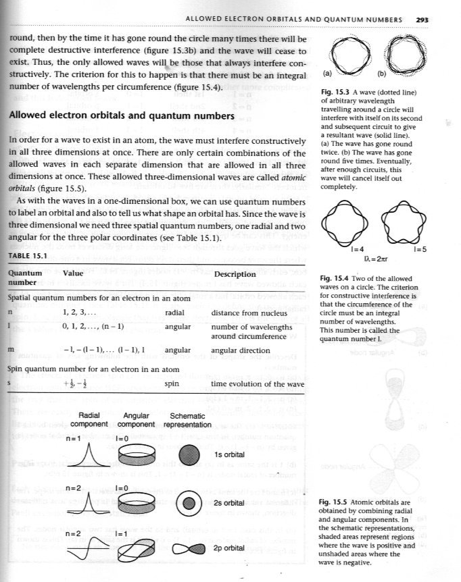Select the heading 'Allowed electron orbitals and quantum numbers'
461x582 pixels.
122,115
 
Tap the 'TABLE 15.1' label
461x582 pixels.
26,256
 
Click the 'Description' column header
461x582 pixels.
235,274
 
